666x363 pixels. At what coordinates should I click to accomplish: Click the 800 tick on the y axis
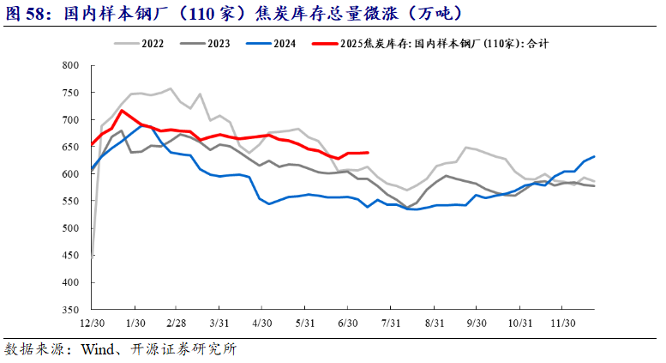coord(70,65)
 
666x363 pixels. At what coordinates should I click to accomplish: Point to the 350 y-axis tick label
coord(70,310)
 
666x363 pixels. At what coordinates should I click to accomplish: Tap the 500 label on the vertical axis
coord(70,228)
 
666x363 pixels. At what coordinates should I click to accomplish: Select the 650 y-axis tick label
coord(70,147)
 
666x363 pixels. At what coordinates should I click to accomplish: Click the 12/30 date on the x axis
coord(93,324)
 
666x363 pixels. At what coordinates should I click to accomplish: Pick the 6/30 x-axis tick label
coord(347,324)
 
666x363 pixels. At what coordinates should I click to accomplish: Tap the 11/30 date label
coord(563,324)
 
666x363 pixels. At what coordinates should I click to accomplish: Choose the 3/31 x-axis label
coord(219,324)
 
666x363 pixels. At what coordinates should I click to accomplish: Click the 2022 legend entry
coord(139,44)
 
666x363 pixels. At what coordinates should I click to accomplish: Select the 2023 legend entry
coord(205,44)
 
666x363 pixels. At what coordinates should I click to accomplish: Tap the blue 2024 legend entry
coord(271,44)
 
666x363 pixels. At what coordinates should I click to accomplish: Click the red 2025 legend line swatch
coord(325,44)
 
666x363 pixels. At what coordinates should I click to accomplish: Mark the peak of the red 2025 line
coord(122,111)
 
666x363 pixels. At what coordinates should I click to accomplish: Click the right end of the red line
coord(368,152)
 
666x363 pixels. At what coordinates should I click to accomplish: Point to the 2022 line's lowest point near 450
coord(93,257)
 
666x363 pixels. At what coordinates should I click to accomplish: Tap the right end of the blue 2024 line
coord(594,156)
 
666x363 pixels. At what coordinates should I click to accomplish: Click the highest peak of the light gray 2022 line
coord(171,88)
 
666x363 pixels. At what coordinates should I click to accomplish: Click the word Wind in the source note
coord(98,349)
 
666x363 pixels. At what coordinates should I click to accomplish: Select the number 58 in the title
coord(35,14)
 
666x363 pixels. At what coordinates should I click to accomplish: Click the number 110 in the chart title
coord(201,14)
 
